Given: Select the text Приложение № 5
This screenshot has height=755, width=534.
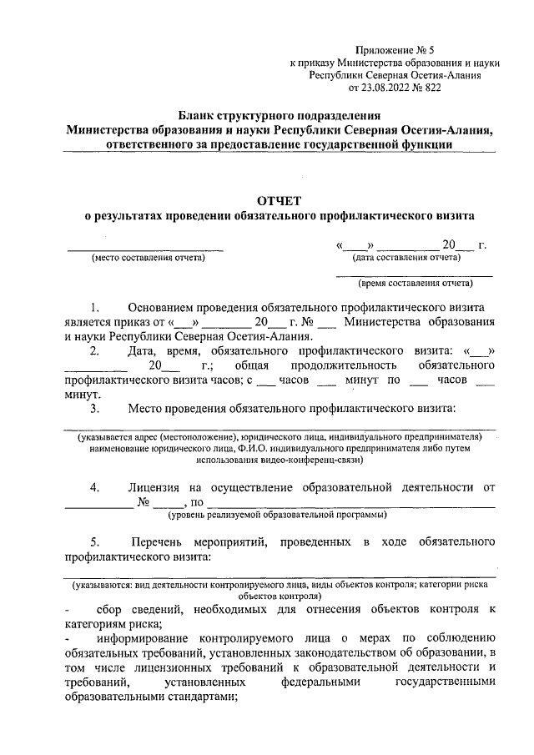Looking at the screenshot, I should tap(394, 51).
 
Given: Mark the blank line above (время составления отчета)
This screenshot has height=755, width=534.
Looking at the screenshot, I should tap(414, 274).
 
